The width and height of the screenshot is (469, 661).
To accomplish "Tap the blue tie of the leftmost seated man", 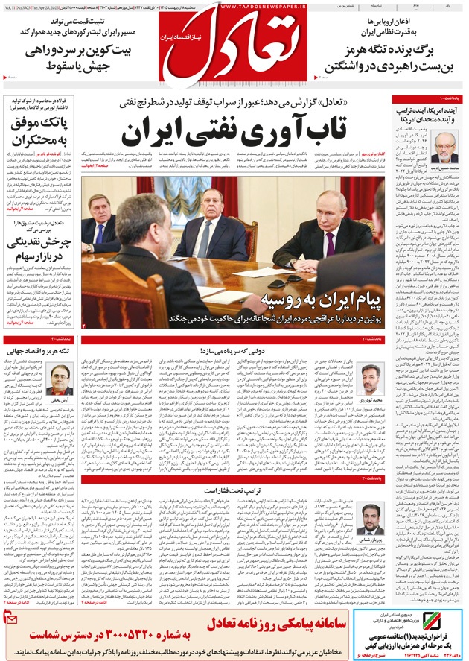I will [99, 233].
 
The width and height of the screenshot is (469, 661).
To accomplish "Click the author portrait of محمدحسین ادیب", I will [444, 148].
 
